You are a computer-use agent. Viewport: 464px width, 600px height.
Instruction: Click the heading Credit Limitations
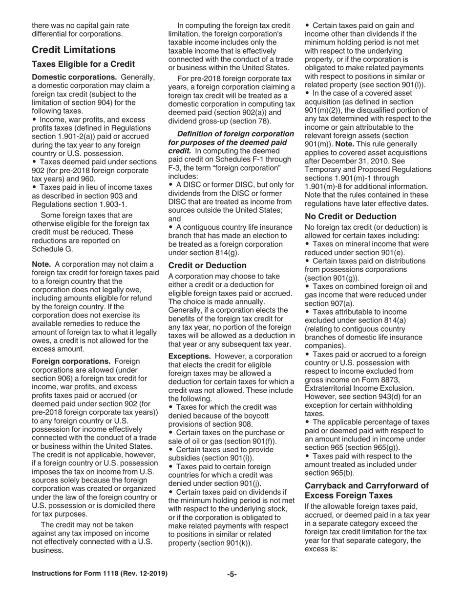73,50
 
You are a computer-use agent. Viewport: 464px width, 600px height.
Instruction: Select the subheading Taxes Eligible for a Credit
83,64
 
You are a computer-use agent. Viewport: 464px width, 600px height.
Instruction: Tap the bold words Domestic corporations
74,77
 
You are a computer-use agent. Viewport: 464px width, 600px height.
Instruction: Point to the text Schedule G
52,248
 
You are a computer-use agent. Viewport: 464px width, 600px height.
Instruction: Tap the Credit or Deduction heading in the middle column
207,265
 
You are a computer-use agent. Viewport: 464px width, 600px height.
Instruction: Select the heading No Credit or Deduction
350,216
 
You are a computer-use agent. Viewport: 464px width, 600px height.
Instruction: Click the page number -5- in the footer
232,574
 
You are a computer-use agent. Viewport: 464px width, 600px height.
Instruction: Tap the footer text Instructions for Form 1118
78,574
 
